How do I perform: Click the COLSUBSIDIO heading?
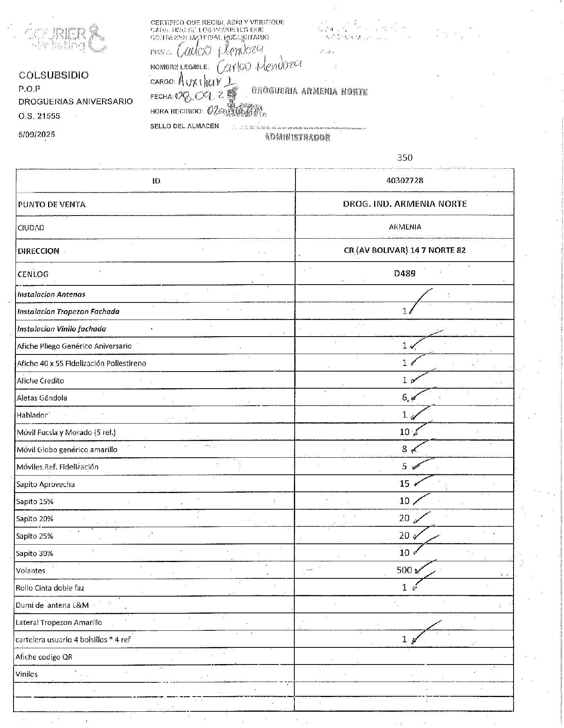click(54, 75)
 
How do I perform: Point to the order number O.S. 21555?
click(39, 116)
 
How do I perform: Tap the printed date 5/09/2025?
click(37, 134)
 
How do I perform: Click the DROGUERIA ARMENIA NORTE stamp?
click(309, 91)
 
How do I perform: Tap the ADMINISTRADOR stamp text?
click(297, 137)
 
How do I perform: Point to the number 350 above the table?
click(405, 158)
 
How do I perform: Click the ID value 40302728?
click(405, 180)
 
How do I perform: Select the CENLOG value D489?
click(405, 273)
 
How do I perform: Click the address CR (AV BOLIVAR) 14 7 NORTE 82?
click(405, 250)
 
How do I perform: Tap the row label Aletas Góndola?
click(42, 398)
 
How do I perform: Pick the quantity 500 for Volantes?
click(404, 570)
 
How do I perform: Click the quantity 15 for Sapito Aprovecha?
click(404, 483)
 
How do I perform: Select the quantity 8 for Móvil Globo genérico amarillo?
click(404, 449)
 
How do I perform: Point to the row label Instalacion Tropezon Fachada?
click(68, 312)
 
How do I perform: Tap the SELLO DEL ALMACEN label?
click(184, 126)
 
